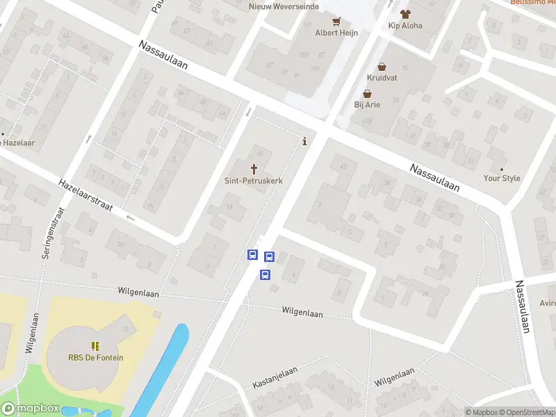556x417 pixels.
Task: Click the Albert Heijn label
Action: pyautogui.click(x=331, y=33)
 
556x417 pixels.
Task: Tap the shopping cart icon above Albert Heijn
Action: pyautogui.click(x=336, y=21)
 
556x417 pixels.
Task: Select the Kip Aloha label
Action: pyautogui.click(x=405, y=26)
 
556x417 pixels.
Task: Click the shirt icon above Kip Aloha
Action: pyautogui.click(x=405, y=13)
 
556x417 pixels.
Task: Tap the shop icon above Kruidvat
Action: pyautogui.click(x=382, y=67)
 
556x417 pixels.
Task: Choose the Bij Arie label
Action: pyautogui.click(x=367, y=105)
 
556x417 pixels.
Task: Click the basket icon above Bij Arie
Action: pyautogui.click(x=367, y=94)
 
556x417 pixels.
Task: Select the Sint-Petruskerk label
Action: pyautogui.click(x=254, y=180)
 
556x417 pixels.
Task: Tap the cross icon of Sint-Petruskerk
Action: pyautogui.click(x=254, y=168)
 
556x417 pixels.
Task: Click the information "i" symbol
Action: pyautogui.click(x=304, y=142)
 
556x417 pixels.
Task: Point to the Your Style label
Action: pyautogui.click(x=502, y=179)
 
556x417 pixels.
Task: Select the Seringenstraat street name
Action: pyautogui.click(x=51, y=233)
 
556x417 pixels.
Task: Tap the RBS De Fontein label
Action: pyautogui.click(x=95, y=358)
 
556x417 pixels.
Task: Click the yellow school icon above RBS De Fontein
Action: pyautogui.click(x=95, y=345)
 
